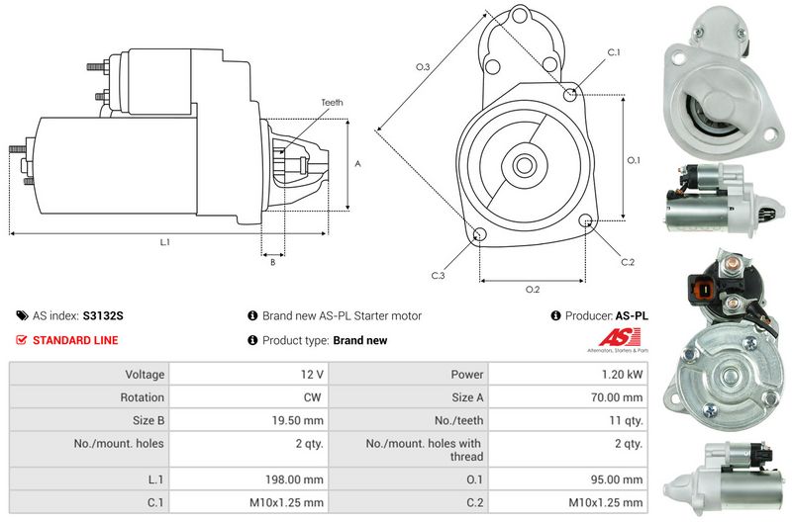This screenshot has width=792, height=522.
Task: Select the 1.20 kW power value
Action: point(621,375)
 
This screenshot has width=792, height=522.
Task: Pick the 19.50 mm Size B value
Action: point(298,420)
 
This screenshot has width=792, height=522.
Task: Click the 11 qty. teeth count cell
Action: point(623,420)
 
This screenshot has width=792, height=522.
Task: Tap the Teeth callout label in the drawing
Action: point(334,103)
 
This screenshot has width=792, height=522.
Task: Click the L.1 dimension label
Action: point(164,242)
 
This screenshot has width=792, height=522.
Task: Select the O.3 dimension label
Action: point(422,66)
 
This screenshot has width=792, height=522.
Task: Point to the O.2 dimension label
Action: point(532,289)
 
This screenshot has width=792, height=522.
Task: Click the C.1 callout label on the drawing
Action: point(613,52)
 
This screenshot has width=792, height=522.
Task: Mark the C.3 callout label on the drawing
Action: point(438,274)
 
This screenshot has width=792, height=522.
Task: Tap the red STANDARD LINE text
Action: point(75,340)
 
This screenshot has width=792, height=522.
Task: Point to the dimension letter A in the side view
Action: point(356,163)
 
